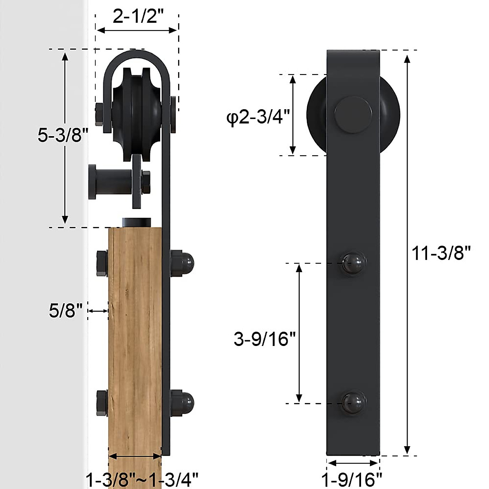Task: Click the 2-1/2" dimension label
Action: point(138,18)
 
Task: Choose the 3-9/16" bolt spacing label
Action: point(264,339)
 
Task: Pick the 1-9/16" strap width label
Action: point(352,478)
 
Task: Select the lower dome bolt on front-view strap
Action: point(353,403)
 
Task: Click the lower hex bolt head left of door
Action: point(102,403)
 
